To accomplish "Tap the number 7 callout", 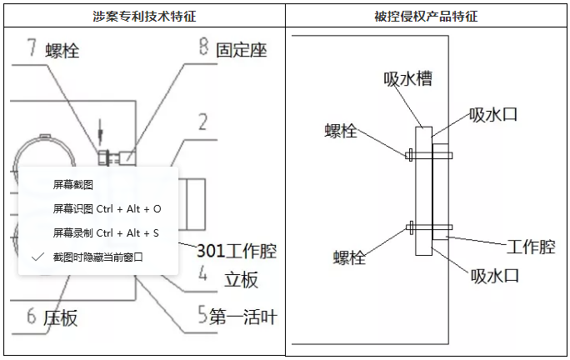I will click(x=30, y=47).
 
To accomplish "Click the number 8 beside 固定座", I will click(x=202, y=47).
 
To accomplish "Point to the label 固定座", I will click(x=242, y=50).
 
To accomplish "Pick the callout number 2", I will click(x=202, y=122).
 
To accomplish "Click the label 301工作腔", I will click(x=236, y=250).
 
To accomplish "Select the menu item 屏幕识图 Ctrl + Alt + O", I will click(x=107, y=208).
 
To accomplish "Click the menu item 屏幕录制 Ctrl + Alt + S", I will click(x=106, y=232).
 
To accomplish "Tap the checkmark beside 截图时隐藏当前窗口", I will click(x=37, y=257).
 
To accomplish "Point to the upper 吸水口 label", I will click(x=493, y=114).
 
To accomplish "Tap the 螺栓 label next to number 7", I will click(x=62, y=51).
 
